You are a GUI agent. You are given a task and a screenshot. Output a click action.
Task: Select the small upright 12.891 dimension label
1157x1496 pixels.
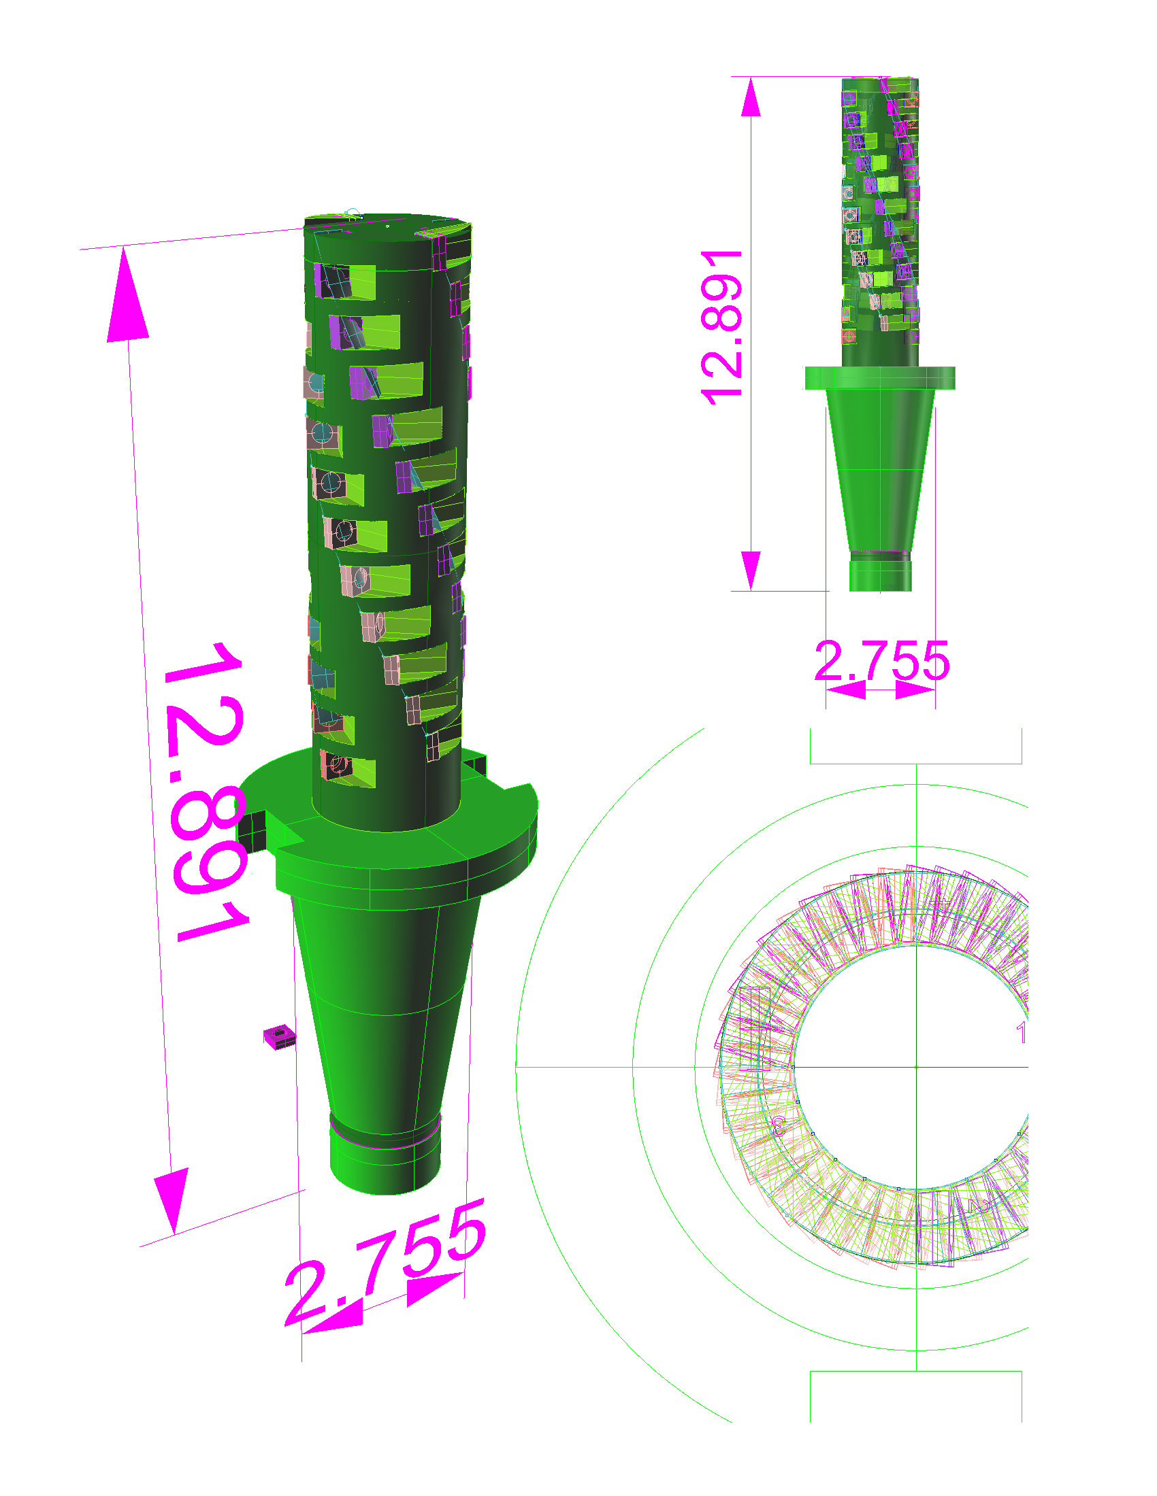[x=721, y=328]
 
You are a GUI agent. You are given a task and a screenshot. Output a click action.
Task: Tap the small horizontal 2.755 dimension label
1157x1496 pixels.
[x=881, y=662]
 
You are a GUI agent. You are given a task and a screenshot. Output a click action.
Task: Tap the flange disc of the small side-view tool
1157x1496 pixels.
[x=879, y=378]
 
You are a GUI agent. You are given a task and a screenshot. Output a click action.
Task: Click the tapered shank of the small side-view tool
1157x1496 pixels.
[x=880, y=473]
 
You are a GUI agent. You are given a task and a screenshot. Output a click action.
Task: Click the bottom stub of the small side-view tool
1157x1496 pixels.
[x=880, y=575]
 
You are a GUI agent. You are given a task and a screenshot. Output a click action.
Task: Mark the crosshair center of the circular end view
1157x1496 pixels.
[x=917, y=1067]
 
